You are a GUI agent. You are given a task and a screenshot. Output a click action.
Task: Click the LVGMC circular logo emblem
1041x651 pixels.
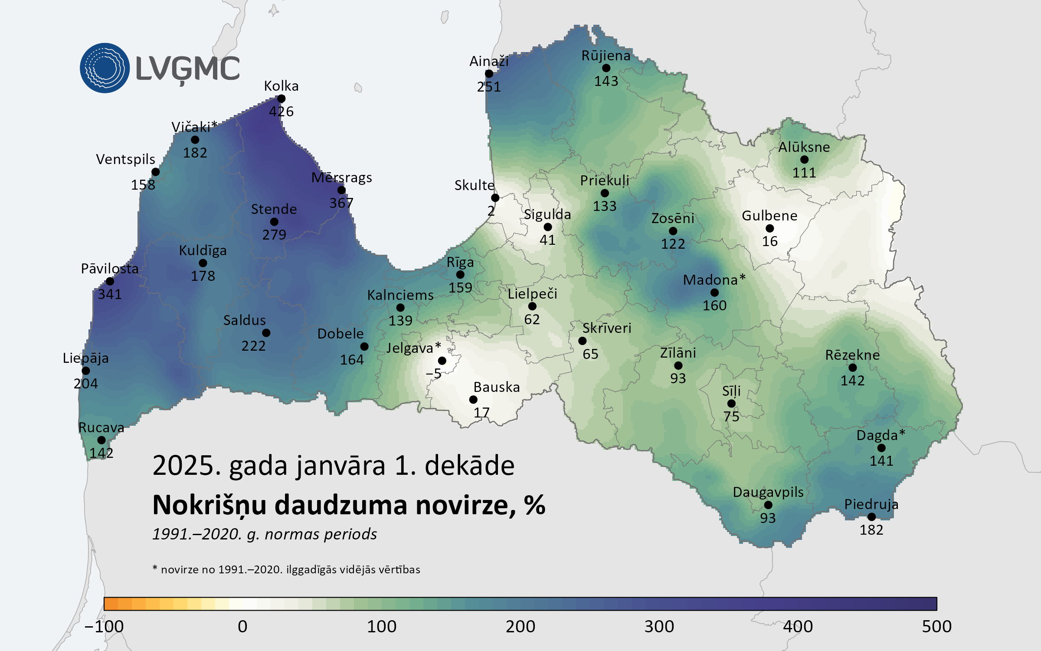click(x=105, y=68)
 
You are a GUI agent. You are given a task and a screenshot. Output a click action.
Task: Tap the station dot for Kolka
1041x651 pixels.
click(x=281, y=99)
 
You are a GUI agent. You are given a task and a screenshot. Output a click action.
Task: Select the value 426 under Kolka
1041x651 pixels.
click(x=281, y=112)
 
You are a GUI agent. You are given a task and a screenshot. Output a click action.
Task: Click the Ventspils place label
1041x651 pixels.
click(x=125, y=159)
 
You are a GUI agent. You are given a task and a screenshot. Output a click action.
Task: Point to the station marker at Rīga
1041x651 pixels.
click(x=460, y=275)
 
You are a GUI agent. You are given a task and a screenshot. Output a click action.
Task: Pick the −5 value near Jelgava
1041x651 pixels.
click(x=433, y=373)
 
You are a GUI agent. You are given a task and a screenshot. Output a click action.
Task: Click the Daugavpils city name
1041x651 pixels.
click(x=768, y=492)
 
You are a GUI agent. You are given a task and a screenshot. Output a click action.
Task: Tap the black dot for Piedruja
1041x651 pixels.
click(x=871, y=517)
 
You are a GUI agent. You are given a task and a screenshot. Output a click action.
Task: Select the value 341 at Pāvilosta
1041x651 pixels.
click(x=109, y=294)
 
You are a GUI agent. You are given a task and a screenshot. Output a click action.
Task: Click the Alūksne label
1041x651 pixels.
click(x=804, y=147)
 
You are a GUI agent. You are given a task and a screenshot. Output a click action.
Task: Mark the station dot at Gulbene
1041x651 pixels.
click(x=770, y=229)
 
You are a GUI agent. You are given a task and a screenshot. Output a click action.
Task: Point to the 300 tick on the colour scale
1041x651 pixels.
click(x=659, y=626)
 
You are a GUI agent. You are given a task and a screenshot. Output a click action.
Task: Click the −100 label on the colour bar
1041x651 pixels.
click(x=104, y=626)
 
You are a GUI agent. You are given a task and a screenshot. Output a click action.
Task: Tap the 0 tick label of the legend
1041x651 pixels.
click(x=242, y=626)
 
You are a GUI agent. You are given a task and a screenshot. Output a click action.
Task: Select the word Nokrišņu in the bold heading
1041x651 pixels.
click(x=210, y=505)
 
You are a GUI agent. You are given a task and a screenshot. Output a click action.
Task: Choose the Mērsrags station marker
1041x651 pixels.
click(x=341, y=190)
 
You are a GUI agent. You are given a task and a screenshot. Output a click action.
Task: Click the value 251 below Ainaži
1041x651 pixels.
click(x=489, y=87)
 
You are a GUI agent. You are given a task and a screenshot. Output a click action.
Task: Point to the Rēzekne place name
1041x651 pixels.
click(x=852, y=355)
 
